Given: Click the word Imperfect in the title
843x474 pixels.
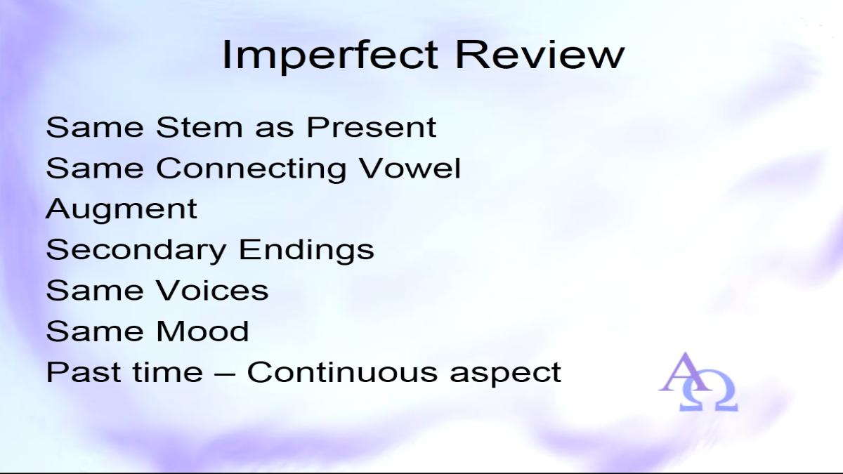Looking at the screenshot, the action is coord(330,55).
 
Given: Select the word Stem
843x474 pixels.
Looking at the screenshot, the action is coord(200,127).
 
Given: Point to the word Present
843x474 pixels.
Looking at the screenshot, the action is coord(372,127).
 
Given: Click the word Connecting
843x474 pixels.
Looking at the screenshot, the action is coord(251,170).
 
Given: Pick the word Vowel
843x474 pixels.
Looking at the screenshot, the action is coord(410,168).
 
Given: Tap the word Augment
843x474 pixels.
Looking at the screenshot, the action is coord(122,210).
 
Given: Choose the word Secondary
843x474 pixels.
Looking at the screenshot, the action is coord(136,251).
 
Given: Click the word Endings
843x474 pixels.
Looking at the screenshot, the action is coord(307,251).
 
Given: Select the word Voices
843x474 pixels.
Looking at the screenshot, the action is coord(213,290).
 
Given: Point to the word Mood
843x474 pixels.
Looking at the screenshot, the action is coord(203,331).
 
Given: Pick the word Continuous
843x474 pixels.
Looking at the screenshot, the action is coord(342,371).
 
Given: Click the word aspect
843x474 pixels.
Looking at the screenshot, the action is coord(506,374).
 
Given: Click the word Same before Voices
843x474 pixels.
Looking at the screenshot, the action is coord(95,290).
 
